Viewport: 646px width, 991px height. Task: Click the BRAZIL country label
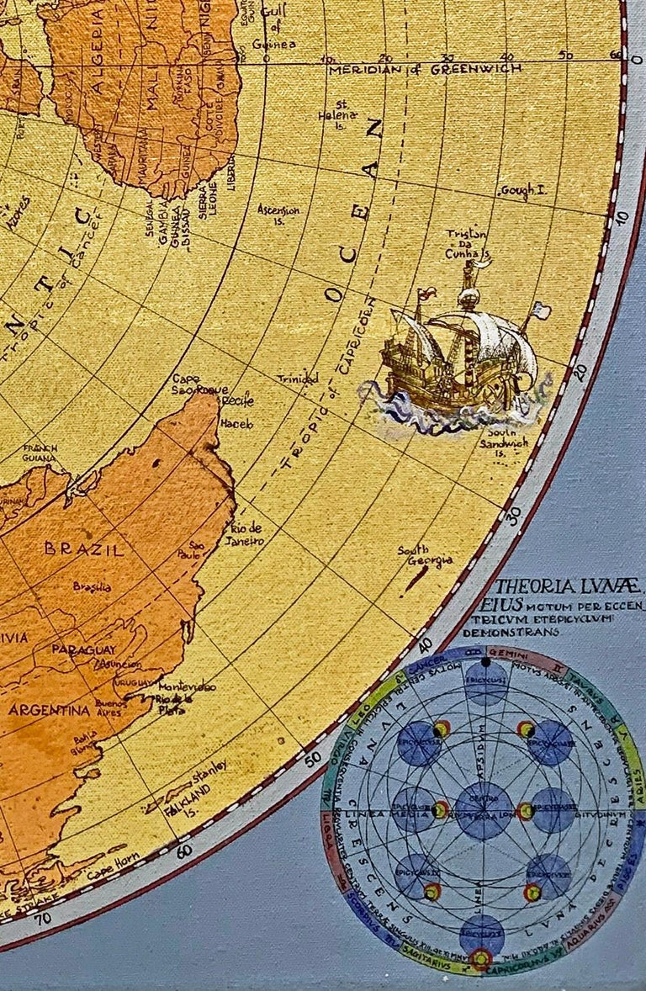point(84,549)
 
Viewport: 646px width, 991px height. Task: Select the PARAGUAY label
point(84,649)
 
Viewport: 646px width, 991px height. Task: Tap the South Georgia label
point(425,556)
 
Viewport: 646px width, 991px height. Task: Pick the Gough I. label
point(522,192)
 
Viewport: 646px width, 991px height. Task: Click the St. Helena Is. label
point(336,120)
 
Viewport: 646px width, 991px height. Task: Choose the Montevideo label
point(187,687)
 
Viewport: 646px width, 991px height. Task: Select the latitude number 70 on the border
point(41,917)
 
